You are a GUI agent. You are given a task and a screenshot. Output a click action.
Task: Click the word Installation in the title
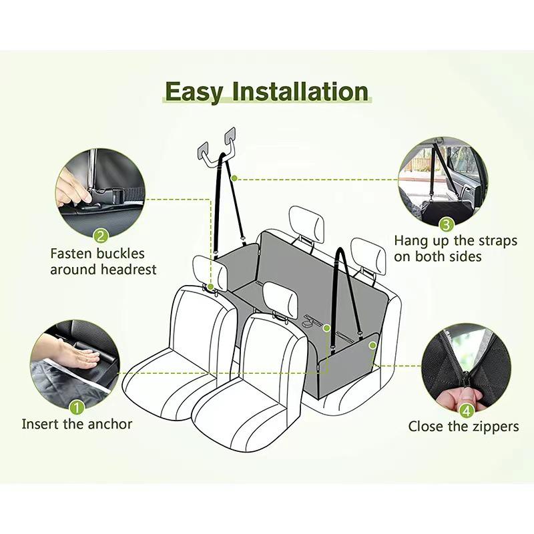click(298, 91)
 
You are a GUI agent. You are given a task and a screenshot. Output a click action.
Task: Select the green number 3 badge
click(447, 225)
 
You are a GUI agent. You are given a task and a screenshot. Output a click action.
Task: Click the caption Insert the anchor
click(77, 424)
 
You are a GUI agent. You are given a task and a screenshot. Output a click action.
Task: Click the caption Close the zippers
click(463, 427)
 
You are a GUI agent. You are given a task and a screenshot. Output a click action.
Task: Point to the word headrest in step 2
click(131, 270)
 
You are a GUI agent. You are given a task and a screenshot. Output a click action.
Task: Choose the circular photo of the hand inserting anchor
click(75, 364)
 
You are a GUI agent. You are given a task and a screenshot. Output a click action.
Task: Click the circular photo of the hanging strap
click(443, 180)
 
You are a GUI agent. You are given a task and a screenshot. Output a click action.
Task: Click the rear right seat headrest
click(369, 253)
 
